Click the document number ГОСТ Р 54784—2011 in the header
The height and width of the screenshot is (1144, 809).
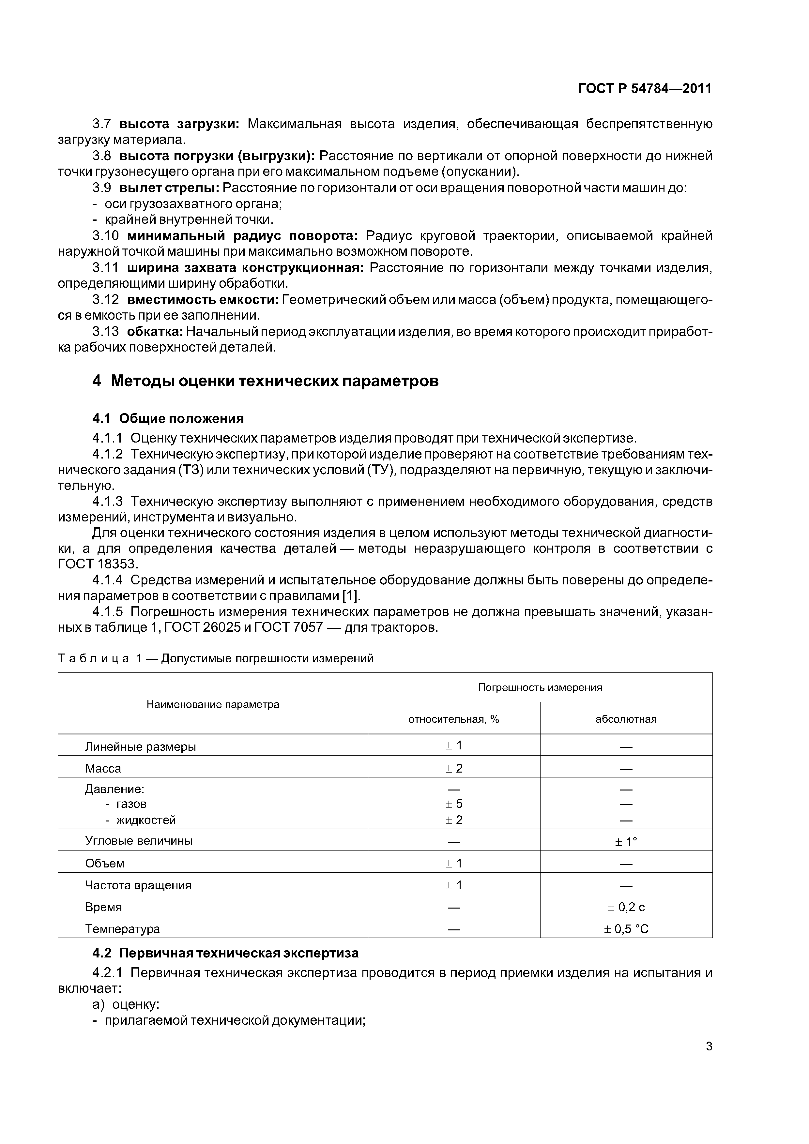[645, 89]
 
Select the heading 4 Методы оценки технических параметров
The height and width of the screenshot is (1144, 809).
[265, 381]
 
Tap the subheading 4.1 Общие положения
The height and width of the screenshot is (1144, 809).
[168, 418]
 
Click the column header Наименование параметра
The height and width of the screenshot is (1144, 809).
[213, 704]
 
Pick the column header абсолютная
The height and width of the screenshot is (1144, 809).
[626, 719]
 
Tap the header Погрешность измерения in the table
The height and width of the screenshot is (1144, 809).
[540, 687]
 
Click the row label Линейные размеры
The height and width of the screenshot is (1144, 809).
[141, 747]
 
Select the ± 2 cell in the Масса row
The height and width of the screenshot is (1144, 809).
[454, 768]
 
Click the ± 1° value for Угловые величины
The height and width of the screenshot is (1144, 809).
[626, 842]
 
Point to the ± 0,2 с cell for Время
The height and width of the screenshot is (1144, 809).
[626, 907]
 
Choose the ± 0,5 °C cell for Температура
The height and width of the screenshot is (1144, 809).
[626, 929]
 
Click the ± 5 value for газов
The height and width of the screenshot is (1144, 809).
[454, 804]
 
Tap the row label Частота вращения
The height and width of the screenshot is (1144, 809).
[138, 885]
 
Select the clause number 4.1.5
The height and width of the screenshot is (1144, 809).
[107, 612]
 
